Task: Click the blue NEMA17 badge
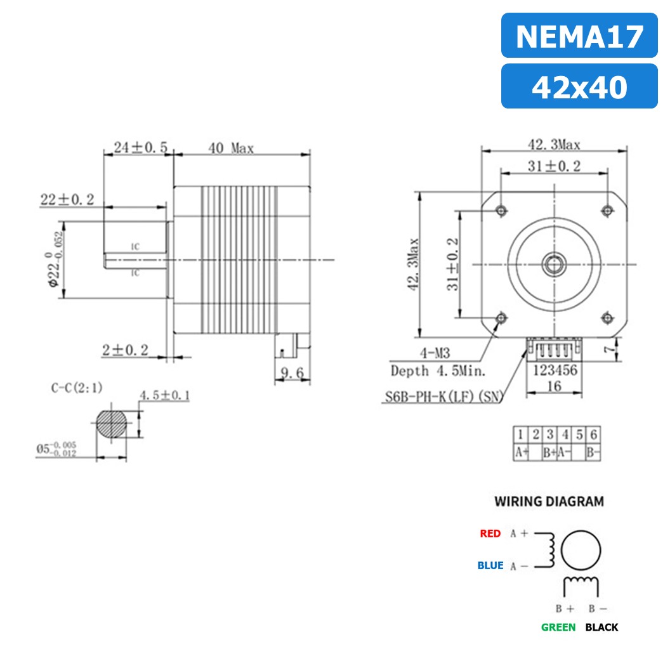[579, 36]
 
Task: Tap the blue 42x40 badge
[579, 86]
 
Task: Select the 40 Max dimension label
[231, 148]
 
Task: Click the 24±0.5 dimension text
[140, 148]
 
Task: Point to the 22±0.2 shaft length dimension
[67, 200]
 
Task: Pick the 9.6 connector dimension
[292, 372]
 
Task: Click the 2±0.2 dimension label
[125, 350]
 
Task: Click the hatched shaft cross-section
[112, 424]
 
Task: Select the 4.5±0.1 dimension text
[164, 396]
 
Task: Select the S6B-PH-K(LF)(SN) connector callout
[443, 398]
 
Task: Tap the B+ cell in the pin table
[549, 453]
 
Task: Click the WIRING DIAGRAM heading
[549, 501]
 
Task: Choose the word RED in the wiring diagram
[490, 534]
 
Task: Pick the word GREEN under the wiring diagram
[558, 627]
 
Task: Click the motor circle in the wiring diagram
[582, 550]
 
